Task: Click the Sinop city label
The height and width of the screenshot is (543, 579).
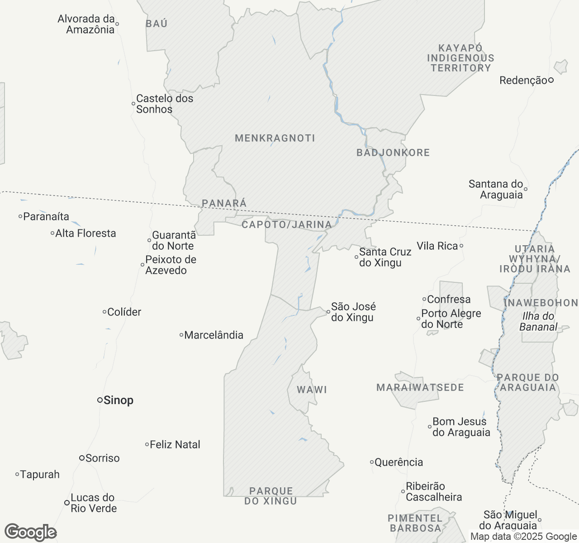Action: (118, 400)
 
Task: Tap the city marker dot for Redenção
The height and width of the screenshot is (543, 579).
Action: (551, 81)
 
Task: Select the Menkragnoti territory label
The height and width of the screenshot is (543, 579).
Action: (275, 138)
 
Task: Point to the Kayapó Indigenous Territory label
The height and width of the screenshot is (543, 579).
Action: (460, 58)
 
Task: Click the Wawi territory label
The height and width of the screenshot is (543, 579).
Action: (312, 390)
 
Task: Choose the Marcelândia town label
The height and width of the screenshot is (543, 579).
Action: (214, 335)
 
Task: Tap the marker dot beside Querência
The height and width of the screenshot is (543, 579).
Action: (372, 462)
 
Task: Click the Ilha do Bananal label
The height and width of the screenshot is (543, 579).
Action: (538, 322)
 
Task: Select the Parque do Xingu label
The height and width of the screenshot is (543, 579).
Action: (271, 496)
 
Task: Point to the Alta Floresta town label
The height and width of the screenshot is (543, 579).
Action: (85, 233)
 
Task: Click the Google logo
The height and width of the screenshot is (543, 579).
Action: (30, 532)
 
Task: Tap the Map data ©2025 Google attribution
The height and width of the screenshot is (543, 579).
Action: (524, 537)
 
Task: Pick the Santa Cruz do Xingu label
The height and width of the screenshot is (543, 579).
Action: (385, 257)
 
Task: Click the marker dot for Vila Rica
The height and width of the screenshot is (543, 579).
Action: (461, 246)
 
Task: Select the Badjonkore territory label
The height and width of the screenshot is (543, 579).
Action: (393, 153)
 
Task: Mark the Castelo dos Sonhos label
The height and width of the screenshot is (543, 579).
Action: (164, 104)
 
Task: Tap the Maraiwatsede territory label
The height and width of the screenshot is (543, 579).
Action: (420, 388)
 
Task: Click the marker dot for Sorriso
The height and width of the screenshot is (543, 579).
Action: (82, 458)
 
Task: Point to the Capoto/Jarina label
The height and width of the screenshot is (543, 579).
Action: (287, 225)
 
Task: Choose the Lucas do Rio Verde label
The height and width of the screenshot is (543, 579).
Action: (93, 503)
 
